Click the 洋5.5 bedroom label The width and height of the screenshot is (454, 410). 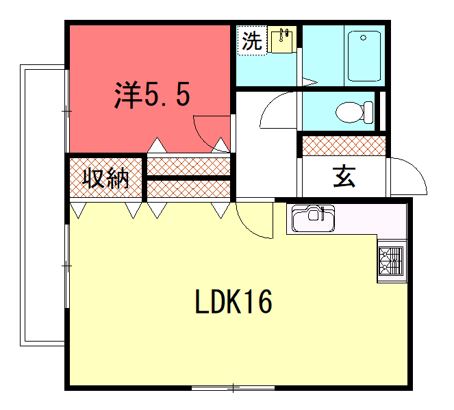152,94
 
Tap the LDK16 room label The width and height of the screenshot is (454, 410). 234,302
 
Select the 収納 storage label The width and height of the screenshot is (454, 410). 105,179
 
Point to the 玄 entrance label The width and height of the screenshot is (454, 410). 344,177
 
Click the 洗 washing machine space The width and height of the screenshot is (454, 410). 252,40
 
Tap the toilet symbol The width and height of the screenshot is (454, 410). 355,112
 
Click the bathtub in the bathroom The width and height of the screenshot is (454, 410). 364,56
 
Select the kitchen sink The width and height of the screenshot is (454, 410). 313,218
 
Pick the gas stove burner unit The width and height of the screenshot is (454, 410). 391,261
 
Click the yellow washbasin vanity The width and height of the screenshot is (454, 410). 281,39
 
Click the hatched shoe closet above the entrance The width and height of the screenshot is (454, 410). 344,146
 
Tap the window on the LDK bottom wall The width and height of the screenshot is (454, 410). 233,388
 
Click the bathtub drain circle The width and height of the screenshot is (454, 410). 364,38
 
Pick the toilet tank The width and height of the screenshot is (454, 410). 368,112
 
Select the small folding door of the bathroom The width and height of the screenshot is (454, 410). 310,82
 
